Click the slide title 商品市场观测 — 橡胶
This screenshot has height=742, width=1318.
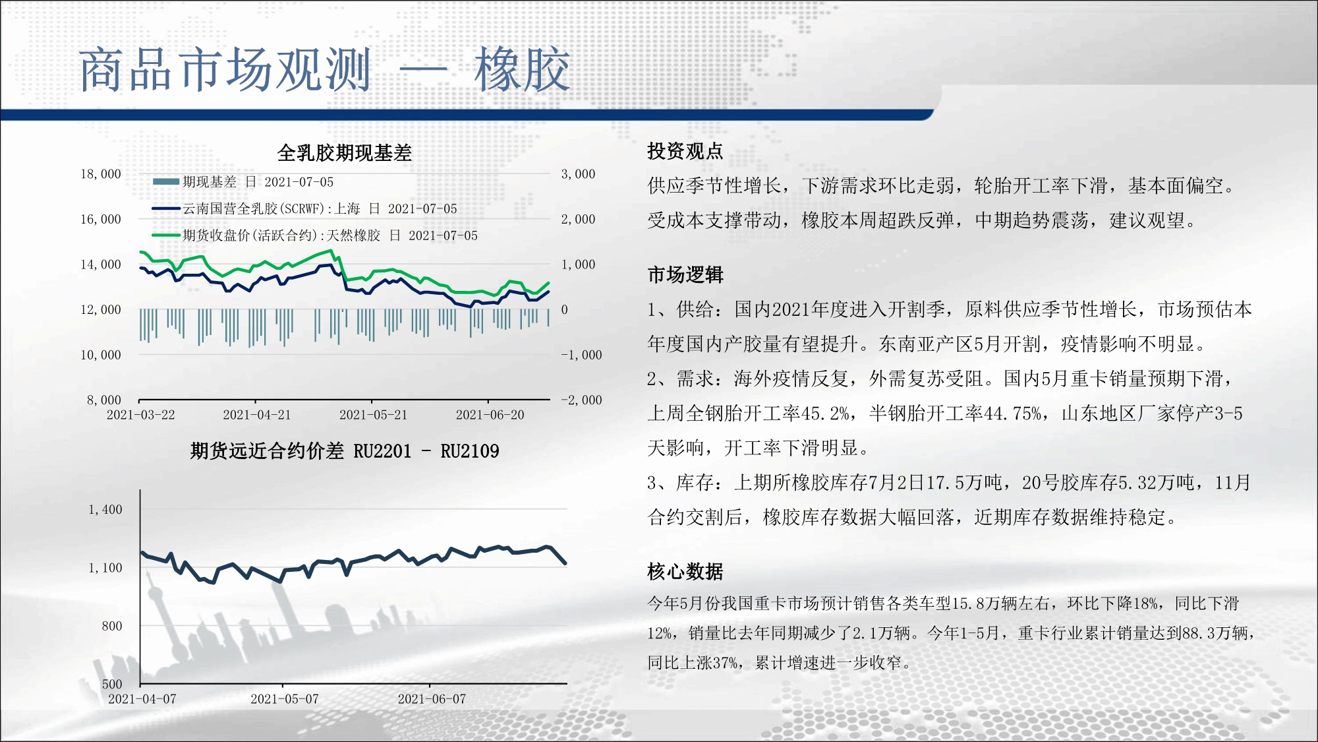click(x=324, y=70)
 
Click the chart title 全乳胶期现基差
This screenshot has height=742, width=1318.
click(x=344, y=153)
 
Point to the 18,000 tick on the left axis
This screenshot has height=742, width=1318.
click(x=101, y=174)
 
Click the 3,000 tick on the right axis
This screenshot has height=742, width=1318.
click(x=578, y=174)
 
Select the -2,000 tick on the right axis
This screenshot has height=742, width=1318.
click(x=581, y=400)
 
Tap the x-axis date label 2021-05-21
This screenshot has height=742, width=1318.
click(x=373, y=415)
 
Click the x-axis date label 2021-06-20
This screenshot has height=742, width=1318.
click(x=490, y=415)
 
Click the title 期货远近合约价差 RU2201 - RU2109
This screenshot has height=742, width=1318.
click(x=345, y=451)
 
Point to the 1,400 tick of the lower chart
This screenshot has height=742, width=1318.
click(x=105, y=509)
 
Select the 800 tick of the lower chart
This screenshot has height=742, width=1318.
click(x=112, y=626)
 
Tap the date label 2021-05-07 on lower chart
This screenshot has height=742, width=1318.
click(x=285, y=699)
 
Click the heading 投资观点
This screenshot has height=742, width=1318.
click(x=685, y=151)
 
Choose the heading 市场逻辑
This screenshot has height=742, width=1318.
click(x=685, y=274)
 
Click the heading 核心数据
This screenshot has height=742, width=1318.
click(x=685, y=571)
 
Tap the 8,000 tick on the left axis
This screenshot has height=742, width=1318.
click(x=104, y=400)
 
